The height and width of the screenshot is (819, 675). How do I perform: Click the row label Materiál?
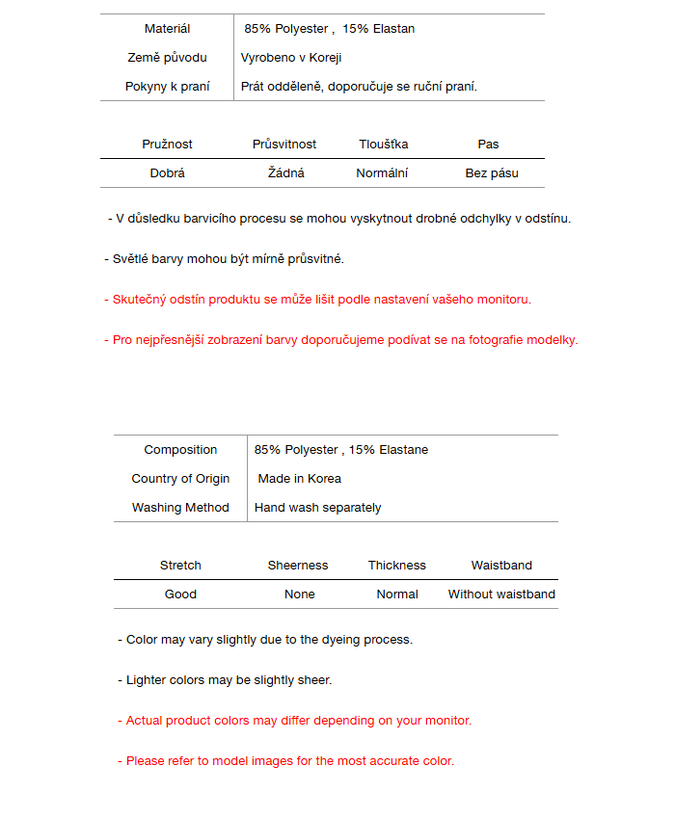167,29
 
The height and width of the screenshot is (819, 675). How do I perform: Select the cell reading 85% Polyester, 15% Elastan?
329,29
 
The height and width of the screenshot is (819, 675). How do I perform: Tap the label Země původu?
167,58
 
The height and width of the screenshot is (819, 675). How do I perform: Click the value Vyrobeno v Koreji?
291,58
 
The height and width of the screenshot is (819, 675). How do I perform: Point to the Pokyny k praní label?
167,87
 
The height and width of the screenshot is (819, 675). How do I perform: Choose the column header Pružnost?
167,145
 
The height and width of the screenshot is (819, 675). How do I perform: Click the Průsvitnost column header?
284,145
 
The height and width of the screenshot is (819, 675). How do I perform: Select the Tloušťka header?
383,145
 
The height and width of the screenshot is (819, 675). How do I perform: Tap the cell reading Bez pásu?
492,173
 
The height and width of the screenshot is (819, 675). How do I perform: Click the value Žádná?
286,173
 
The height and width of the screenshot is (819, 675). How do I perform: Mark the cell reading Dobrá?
167,173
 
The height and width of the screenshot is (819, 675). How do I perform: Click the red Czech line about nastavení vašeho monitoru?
318,300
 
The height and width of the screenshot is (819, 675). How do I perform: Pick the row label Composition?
180,450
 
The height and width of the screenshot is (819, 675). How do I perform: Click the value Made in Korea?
299,479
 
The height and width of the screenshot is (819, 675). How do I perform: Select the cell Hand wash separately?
317,508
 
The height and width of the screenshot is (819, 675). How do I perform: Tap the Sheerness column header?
298,566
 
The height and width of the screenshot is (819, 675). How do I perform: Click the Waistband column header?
501,566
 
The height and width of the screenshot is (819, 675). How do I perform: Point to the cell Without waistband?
501,594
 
